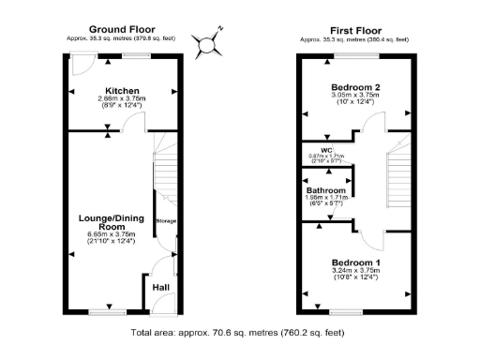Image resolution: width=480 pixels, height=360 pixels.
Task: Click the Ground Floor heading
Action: [x=121, y=29]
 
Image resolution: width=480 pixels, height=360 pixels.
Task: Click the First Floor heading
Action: [x=353, y=29]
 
